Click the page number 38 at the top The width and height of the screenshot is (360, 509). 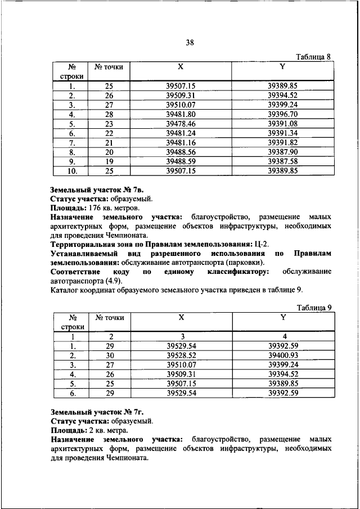point(190,42)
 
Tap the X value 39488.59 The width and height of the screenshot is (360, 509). point(181,162)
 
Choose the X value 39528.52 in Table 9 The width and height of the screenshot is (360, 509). point(181,356)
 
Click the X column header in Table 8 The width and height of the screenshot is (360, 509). point(181,66)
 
